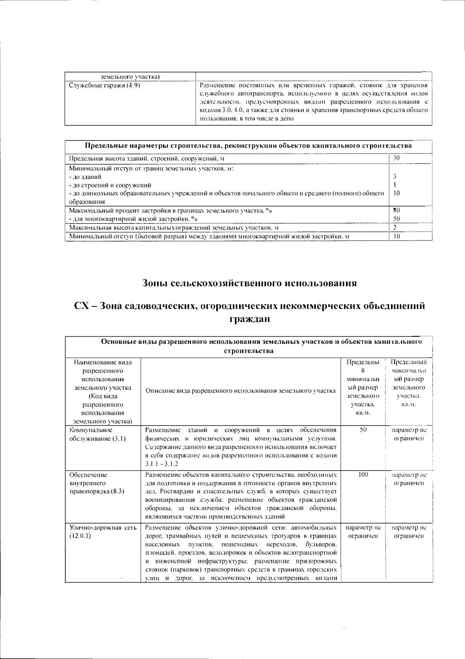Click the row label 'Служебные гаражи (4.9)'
point(104,85)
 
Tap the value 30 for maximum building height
point(396,158)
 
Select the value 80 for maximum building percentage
point(396,210)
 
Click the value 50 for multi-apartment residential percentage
point(396,219)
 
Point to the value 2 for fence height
point(395,227)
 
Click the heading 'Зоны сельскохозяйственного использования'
point(249,283)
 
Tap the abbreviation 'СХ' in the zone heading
point(83,306)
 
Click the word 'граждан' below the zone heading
point(249,319)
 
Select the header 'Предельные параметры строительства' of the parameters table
point(248,146)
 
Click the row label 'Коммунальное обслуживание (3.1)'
point(97,434)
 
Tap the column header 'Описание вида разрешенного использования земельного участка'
point(241,391)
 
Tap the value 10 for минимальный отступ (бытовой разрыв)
point(396,236)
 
